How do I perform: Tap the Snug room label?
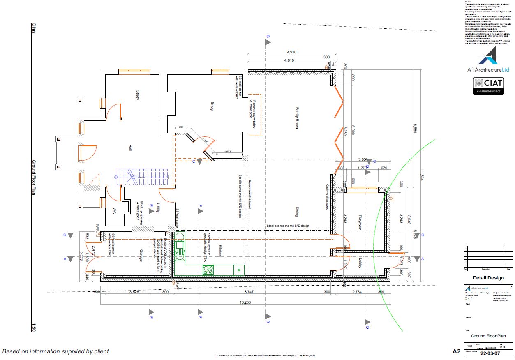pos(212,106)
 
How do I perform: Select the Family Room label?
pos(296,118)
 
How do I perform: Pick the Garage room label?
pos(140,255)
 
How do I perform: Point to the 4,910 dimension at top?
pos(291,52)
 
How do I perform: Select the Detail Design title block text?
pos(488,278)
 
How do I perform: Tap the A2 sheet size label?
pos(456,351)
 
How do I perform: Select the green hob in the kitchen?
pos(208,270)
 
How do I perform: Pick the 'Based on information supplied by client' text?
pos(55,351)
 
